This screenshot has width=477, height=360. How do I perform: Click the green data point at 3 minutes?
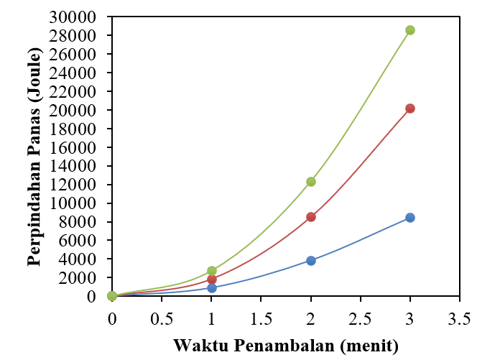click(x=410, y=30)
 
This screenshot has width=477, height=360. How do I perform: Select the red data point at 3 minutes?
click(x=410, y=109)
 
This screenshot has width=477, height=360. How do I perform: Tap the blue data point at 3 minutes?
click(x=410, y=218)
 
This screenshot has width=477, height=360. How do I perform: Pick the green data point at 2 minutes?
click(x=311, y=182)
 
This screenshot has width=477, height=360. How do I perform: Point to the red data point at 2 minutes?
click(x=311, y=217)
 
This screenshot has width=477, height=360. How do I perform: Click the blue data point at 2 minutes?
click(x=311, y=261)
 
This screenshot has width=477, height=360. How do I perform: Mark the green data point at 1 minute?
click(x=211, y=271)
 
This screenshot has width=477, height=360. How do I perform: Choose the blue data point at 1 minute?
click(x=211, y=287)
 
